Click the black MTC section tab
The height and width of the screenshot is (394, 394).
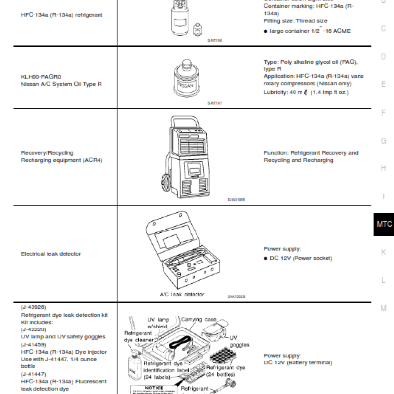pyautogui.click(x=384, y=224)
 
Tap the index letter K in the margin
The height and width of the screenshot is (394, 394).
pyautogui.click(x=383, y=252)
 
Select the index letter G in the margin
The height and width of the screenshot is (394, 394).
pyautogui.click(x=383, y=141)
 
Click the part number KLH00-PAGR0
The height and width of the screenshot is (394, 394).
pyautogui.click(x=41, y=77)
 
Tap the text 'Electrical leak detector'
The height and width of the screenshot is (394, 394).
pyautogui.click(x=51, y=254)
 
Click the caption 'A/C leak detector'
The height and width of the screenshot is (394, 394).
pyautogui.click(x=182, y=294)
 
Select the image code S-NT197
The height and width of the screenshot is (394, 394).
pyautogui.click(x=215, y=103)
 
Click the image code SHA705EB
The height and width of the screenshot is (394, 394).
pyautogui.click(x=236, y=297)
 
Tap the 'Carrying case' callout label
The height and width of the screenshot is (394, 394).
pyautogui.click(x=199, y=320)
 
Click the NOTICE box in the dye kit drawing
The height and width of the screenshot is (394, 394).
pyautogui.click(x=154, y=388)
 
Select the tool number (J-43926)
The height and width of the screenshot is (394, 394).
pyautogui.click(x=33, y=307)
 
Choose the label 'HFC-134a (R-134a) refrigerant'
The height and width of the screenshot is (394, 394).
pyautogui.click(x=62, y=15)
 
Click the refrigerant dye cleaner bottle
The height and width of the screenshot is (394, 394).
pyautogui.click(x=133, y=364)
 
